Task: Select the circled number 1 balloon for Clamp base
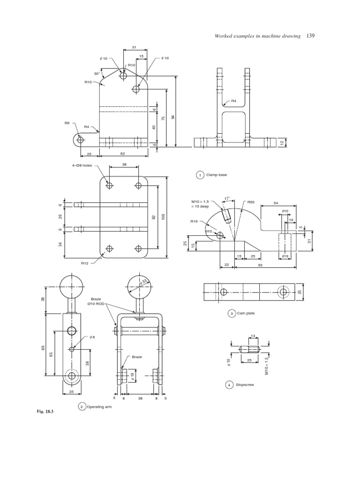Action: click(200, 175)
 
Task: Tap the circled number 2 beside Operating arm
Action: click(82, 407)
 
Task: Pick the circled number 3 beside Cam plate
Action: click(231, 314)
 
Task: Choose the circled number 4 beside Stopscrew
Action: click(229, 385)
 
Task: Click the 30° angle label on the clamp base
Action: click(97, 73)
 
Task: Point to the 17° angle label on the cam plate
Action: click(227, 198)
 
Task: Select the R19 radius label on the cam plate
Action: click(194, 221)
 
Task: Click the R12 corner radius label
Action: click(84, 263)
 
